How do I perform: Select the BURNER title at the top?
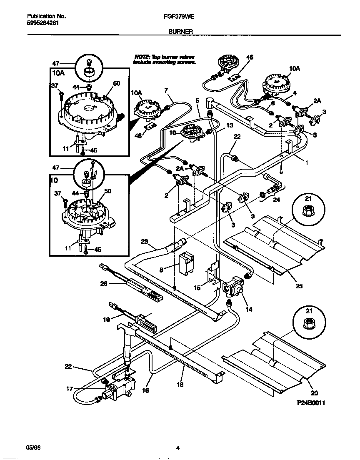point(180,31)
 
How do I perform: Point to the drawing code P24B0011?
point(310,403)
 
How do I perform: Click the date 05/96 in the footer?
point(32,448)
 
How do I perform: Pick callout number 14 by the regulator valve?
point(250,310)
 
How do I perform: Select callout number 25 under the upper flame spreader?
point(299,286)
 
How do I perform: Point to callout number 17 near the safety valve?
point(70,389)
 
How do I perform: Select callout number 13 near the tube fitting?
point(229,125)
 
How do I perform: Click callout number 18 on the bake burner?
point(180,385)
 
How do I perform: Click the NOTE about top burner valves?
point(164,59)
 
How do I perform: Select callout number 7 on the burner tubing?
point(166,90)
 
